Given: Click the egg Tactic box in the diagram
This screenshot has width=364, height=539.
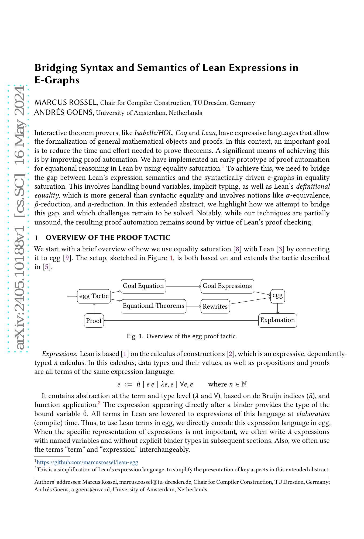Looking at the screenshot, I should point(94,296).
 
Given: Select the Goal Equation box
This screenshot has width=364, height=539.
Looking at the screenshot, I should point(143,286).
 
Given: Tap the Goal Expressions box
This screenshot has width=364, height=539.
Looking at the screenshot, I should point(227,286).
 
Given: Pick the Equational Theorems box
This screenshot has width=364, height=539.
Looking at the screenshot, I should point(153,306).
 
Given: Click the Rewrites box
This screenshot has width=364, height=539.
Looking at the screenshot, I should point(215,306).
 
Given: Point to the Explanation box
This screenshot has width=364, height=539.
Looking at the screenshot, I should point(277,320).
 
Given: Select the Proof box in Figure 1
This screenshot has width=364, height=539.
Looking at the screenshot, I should point(94,321).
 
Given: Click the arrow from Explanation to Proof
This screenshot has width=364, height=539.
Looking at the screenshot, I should point(181,320).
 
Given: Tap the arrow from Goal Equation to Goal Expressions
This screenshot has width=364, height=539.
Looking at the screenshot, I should point(183,286).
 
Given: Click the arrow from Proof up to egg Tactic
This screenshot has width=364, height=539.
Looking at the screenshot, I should point(94,309).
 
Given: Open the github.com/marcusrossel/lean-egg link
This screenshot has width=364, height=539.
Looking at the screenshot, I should point(87,462).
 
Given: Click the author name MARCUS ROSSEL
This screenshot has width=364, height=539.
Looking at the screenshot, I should point(66,102).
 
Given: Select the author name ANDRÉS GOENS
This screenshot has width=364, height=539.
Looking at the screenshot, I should point(64,112).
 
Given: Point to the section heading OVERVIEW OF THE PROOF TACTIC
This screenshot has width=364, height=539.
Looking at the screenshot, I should point(108,237).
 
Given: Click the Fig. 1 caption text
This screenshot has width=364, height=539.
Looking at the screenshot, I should point(182,336).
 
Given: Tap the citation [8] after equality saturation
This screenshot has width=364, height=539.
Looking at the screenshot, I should point(237,249).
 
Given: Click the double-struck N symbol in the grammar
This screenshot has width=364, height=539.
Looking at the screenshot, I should point(244,384).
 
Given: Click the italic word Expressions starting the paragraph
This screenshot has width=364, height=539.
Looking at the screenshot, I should point(60,354).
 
